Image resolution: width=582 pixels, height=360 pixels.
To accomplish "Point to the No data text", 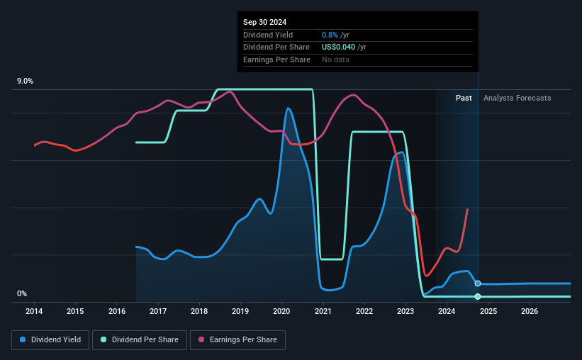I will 335,60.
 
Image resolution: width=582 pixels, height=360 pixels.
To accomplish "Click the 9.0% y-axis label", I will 26,81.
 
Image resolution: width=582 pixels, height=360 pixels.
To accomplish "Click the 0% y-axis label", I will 22,294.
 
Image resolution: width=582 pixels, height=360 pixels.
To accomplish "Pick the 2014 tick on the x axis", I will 34,311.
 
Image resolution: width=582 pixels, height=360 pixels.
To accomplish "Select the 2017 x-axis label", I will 158,311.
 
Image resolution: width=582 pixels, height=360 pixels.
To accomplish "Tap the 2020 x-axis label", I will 281,311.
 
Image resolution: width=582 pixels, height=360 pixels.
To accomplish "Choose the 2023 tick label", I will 405,311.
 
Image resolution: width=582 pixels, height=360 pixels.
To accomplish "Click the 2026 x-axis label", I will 530,311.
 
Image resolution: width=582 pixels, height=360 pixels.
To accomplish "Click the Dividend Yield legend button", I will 50,340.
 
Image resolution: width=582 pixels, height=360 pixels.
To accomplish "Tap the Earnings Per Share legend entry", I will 239,340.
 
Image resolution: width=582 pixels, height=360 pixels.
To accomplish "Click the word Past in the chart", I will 464,98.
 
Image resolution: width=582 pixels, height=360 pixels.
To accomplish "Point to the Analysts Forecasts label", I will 517,98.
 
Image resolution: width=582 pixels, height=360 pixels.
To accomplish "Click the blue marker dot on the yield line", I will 478,283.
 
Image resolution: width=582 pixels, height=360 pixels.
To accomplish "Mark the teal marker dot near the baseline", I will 478,296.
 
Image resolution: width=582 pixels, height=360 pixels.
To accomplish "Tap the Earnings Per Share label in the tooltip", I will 276,60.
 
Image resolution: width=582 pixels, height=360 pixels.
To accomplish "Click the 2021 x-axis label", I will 323,311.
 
